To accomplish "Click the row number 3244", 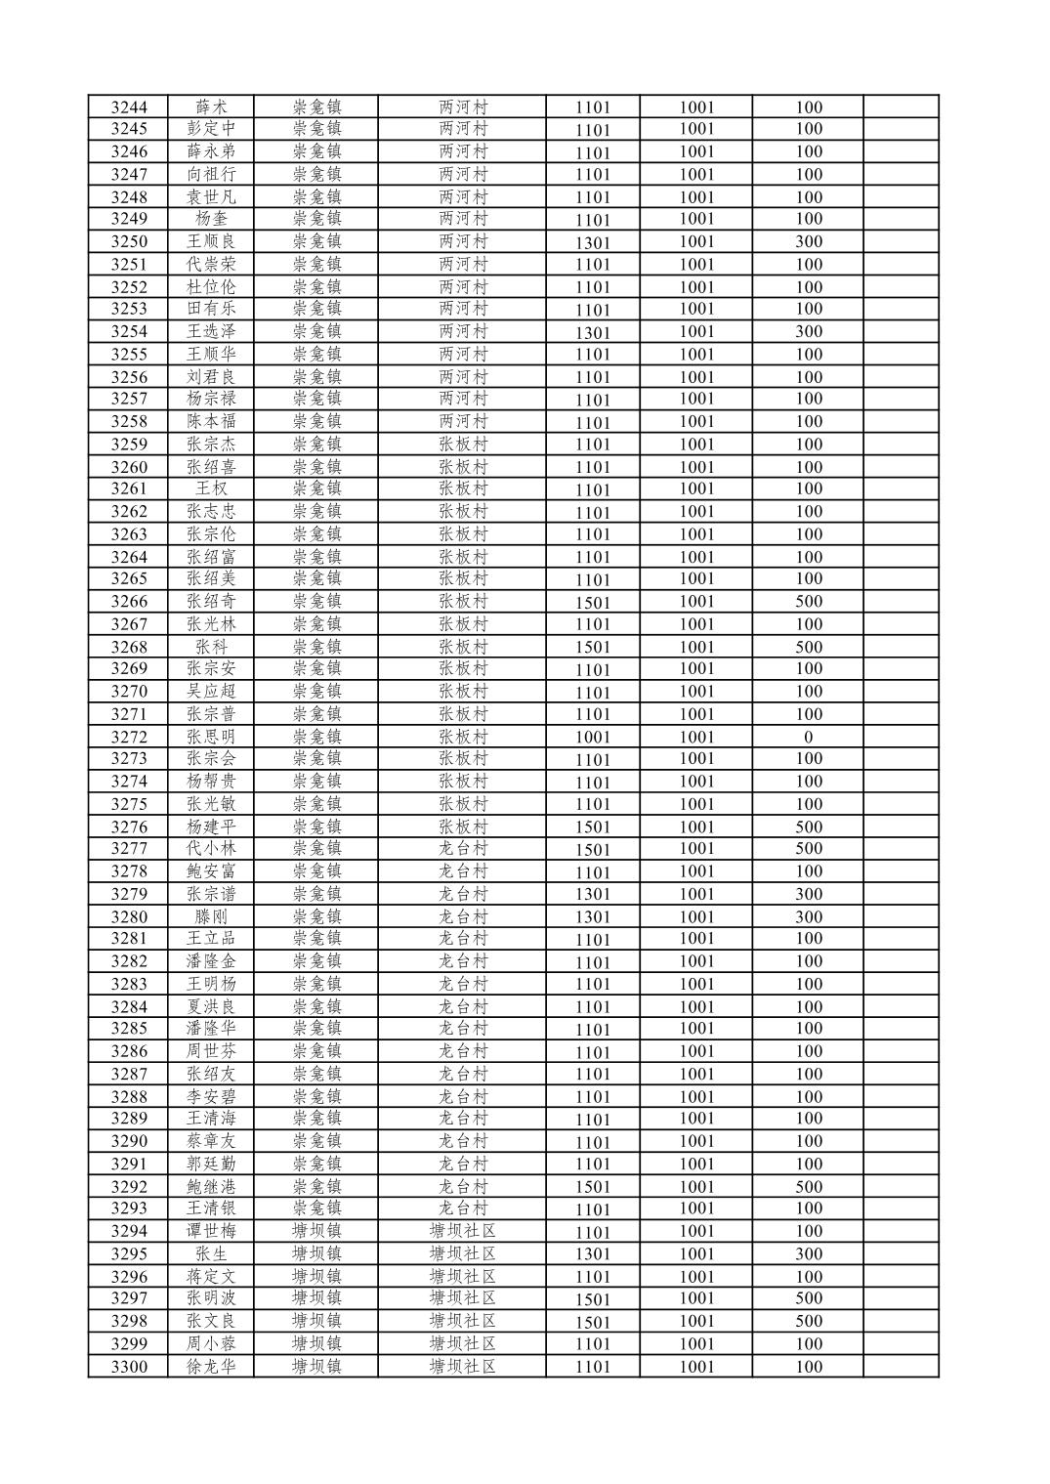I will click(129, 107).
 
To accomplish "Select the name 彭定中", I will click(211, 129).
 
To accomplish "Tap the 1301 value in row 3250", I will click(592, 242).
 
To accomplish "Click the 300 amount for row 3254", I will click(808, 332).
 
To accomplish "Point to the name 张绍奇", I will click(211, 602).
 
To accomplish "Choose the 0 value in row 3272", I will click(808, 738).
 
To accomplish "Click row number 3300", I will click(129, 1367).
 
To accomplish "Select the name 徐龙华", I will click(211, 1367).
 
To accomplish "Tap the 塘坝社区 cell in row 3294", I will click(463, 1231).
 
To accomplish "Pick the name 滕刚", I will click(211, 916).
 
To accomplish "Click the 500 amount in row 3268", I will click(808, 647).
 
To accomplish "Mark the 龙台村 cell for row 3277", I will click(463, 849).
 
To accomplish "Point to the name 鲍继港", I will click(211, 1187).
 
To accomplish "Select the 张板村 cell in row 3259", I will click(463, 445).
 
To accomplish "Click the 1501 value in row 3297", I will click(592, 1299).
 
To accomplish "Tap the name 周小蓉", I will click(211, 1344).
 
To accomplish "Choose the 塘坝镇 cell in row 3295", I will click(316, 1253).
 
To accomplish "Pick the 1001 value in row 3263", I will click(696, 534).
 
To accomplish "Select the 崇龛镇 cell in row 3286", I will click(316, 1051).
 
